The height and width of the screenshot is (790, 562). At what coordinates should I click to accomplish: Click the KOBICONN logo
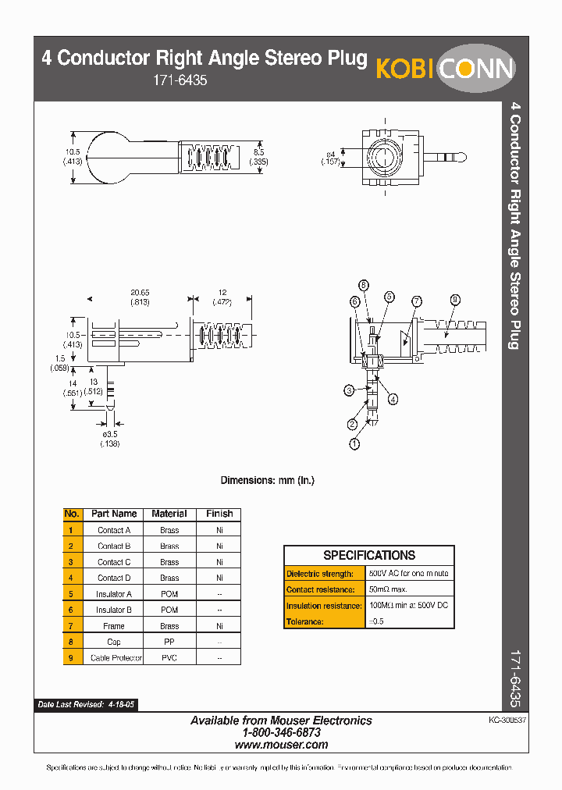[x=446, y=69]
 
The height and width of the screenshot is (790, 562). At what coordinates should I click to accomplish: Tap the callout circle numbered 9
[x=455, y=299]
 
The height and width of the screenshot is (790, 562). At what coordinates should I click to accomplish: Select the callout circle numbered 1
[x=355, y=444]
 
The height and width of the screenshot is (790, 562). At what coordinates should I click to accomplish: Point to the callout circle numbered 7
[x=417, y=301]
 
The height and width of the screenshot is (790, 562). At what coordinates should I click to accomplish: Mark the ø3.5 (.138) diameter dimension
[x=109, y=438]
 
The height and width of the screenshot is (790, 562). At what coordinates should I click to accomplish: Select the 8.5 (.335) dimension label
[x=259, y=157]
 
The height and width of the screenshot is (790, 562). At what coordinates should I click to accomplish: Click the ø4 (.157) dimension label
[x=331, y=157]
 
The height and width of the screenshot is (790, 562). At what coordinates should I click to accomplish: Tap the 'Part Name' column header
[x=114, y=514]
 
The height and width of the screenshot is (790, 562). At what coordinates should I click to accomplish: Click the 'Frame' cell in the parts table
[x=114, y=626]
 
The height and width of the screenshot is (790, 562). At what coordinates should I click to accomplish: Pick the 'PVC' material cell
[x=169, y=658]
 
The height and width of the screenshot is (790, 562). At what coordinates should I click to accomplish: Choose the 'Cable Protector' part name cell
[x=116, y=658]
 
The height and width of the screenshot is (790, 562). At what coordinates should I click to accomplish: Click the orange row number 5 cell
[x=72, y=594]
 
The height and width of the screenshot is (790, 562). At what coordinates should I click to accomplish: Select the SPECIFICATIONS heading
[x=369, y=555]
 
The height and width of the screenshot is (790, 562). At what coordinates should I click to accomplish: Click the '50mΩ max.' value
[x=388, y=589]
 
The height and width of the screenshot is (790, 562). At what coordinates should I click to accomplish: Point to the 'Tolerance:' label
[x=305, y=621]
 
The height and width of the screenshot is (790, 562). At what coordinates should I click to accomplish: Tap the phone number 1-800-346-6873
[x=282, y=733]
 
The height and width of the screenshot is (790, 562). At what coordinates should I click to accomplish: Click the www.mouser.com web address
[x=282, y=745]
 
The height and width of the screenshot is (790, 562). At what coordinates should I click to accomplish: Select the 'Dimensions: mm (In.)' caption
[x=268, y=480]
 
